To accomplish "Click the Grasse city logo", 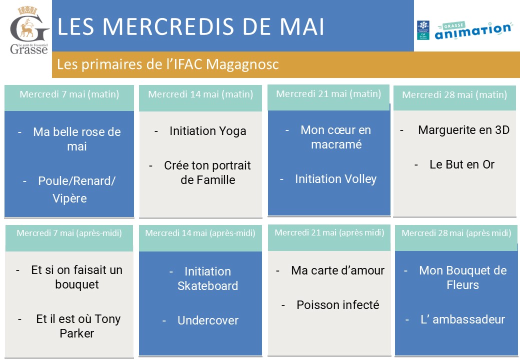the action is (29, 30).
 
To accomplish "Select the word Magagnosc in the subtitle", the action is (242, 64).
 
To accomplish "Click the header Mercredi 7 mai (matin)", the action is (69, 94).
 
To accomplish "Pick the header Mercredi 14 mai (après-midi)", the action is (200, 233).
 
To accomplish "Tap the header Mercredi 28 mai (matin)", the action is (454, 95).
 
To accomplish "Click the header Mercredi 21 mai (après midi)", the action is (329, 232).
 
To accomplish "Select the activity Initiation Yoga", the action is (208, 131).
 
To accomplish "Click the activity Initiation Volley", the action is (336, 179).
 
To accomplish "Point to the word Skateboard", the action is (208, 285).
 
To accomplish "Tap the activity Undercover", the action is (208, 320).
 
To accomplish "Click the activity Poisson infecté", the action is (338, 305).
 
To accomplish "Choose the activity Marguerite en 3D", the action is (463, 130).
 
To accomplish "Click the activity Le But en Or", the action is (462, 164).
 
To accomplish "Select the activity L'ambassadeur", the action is (462, 319).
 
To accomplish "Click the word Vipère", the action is (69, 198).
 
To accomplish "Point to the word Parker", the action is (77, 333).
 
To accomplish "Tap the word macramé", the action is (336, 144).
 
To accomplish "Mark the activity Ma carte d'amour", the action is (338, 270).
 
